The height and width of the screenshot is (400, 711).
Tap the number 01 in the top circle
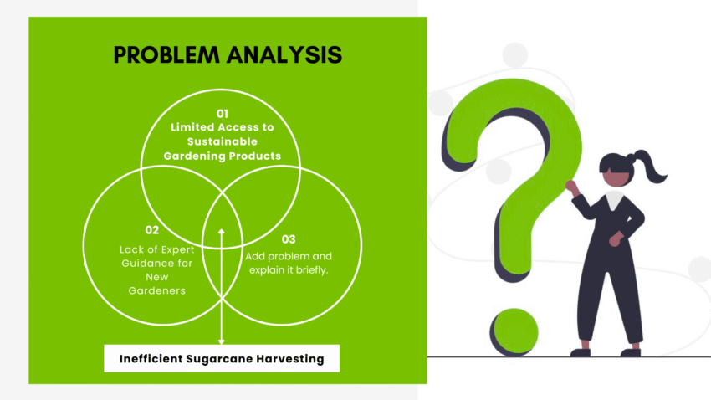pos(223,113)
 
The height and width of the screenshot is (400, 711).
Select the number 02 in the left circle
pos(151,229)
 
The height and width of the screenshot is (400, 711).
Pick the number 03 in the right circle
pos(289,239)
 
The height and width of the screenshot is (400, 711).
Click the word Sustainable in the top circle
pos(222,141)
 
